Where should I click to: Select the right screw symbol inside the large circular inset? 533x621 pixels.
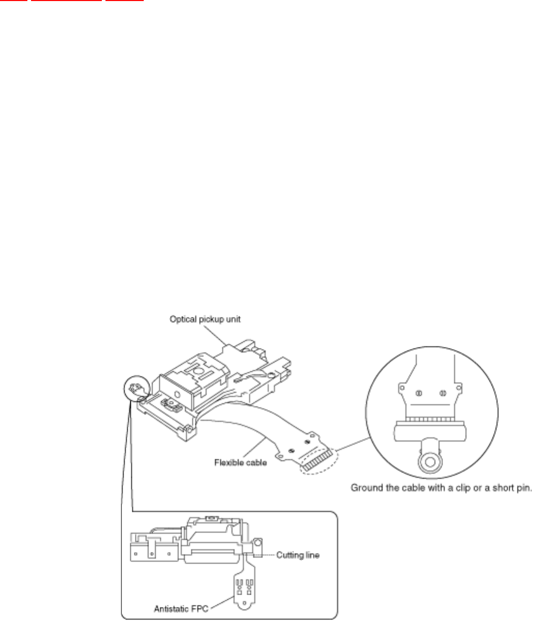click(x=442, y=393)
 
